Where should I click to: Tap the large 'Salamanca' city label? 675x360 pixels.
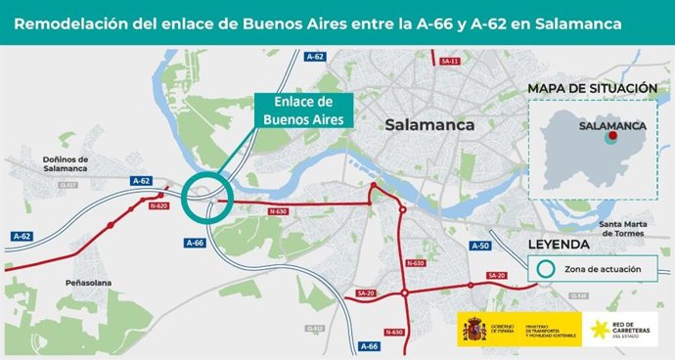(429, 125)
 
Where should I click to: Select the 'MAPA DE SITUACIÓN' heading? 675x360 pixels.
(591, 89)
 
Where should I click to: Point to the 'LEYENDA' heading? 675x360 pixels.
(558, 244)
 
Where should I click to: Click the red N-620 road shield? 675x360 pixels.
(158, 206)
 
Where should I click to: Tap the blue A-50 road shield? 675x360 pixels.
(479, 246)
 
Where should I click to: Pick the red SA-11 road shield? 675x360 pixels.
(450, 61)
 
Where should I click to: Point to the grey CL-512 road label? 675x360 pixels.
(314, 329)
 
